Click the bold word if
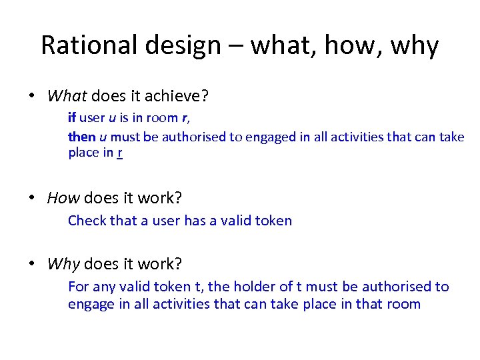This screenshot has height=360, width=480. (x=71, y=118)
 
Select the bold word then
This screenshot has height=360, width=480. (x=82, y=137)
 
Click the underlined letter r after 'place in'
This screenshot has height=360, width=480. (x=119, y=153)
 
